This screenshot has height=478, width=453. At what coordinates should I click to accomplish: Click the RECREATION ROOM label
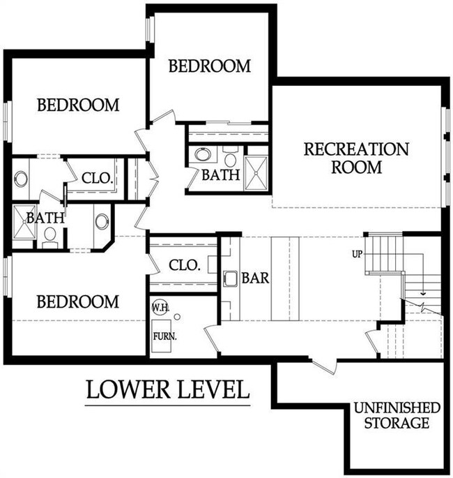tap(355, 158)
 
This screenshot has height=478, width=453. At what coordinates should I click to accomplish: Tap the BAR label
tap(256, 278)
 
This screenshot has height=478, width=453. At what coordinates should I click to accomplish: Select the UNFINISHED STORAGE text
tap(397, 415)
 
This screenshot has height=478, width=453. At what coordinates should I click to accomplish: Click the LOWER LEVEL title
tap(167, 389)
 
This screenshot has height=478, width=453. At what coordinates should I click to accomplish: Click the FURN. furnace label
tap(166, 336)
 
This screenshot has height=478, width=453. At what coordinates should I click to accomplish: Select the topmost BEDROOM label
tap(210, 66)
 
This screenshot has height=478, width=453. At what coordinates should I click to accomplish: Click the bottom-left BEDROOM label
tap(77, 301)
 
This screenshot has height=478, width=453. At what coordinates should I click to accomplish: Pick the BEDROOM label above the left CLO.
tap(78, 105)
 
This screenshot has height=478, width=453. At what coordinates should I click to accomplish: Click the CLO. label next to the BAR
tap(185, 265)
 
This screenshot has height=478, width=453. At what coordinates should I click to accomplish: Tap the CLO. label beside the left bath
tap(97, 178)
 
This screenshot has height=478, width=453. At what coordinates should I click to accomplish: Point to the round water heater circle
tap(177, 316)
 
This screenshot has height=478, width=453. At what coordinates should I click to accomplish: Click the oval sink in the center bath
tap(204, 154)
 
